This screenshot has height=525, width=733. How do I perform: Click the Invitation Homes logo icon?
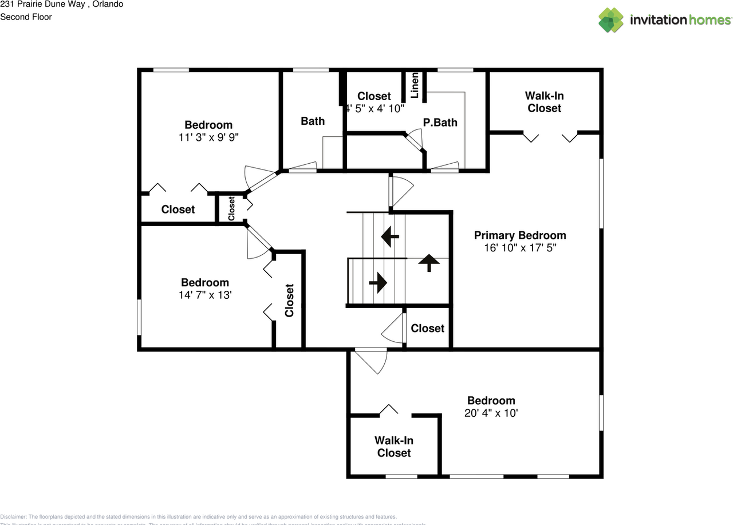(x=611, y=20)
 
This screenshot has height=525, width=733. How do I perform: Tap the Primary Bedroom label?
(x=520, y=235)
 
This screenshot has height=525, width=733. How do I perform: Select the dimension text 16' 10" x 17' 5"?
(x=520, y=248)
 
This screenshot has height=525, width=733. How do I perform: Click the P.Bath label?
(x=440, y=123)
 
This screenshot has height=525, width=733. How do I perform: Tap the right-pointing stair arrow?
(x=379, y=282)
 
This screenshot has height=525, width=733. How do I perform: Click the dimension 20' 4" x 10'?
(x=491, y=413)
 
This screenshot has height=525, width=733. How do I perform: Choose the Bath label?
(x=313, y=121)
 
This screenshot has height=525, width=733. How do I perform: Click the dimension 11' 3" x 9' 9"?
(x=208, y=137)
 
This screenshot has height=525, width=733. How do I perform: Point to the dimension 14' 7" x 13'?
(x=205, y=295)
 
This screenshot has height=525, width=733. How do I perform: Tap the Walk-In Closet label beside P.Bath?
(x=544, y=102)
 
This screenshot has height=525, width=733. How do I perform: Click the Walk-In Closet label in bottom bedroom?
(x=394, y=447)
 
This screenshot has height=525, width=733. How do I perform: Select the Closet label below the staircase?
(x=427, y=328)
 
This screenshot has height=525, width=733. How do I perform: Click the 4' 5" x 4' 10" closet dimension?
(x=376, y=108)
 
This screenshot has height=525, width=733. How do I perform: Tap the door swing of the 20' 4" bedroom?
(x=371, y=362)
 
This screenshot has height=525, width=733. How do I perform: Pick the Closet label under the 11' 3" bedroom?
(x=178, y=210)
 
